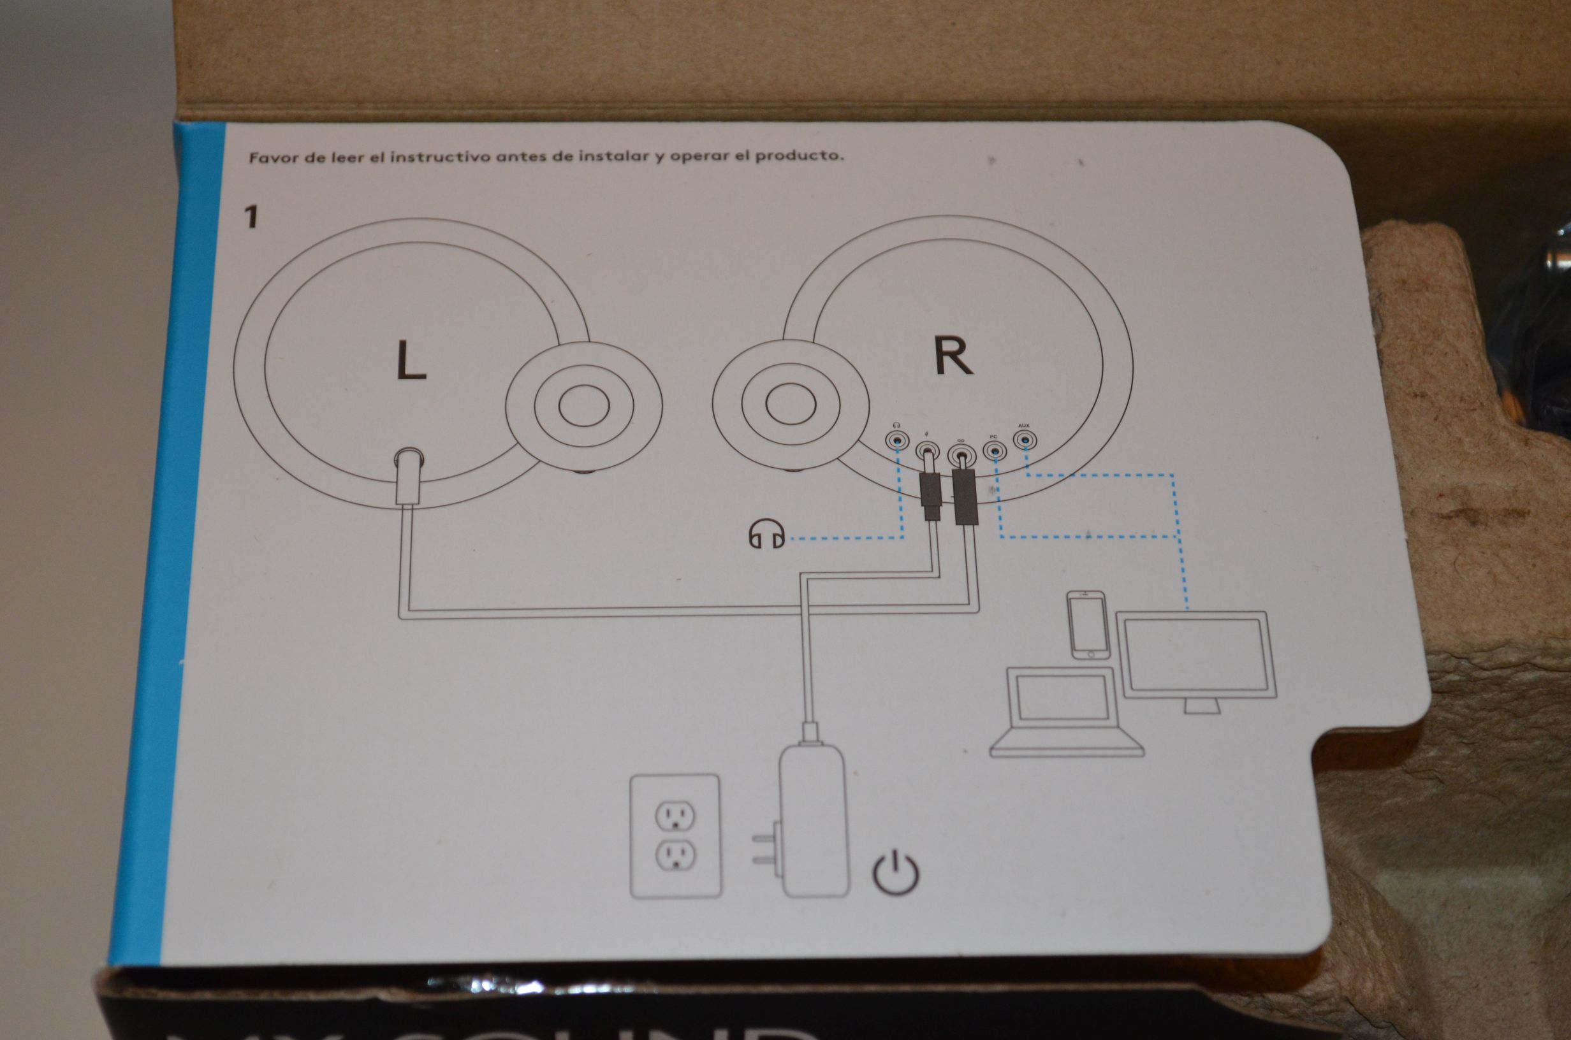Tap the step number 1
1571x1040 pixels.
251,217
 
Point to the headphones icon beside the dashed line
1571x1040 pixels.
767,535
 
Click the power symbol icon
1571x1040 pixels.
896,873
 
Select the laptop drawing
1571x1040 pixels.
1065,712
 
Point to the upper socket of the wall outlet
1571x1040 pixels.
675,816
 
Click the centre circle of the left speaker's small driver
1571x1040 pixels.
584,405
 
